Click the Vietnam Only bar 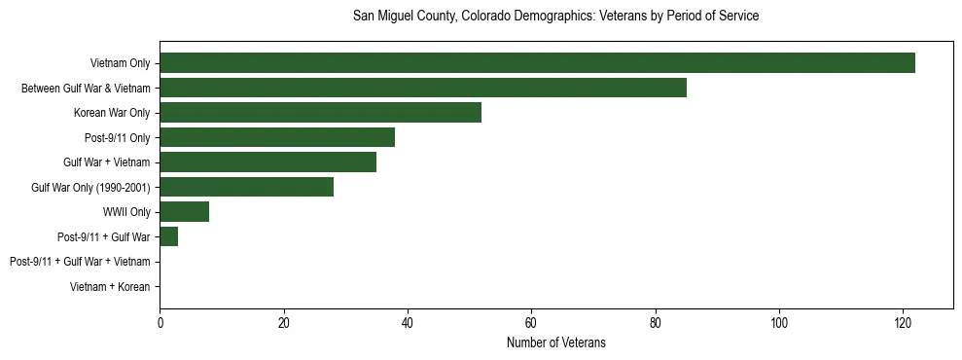click(x=537, y=63)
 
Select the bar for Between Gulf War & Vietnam click(x=423, y=89)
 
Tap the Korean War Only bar click(x=320, y=113)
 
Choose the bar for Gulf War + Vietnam click(x=267, y=162)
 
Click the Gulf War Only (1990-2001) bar click(x=246, y=187)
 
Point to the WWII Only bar click(x=184, y=212)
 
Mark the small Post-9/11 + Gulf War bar click(x=168, y=236)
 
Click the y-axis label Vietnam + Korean click(x=110, y=287)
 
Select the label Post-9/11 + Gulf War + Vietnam click(x=80, y=262)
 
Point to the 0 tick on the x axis click(x=160, y=323)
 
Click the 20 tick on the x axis click(x=283, y=323)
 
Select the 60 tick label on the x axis click(x=531, y=323)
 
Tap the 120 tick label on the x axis click(x=903, y=323)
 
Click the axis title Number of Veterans click(x=555, y=342)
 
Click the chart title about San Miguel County click(x=555, y=17)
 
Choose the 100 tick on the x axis click(x=779, y=323)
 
